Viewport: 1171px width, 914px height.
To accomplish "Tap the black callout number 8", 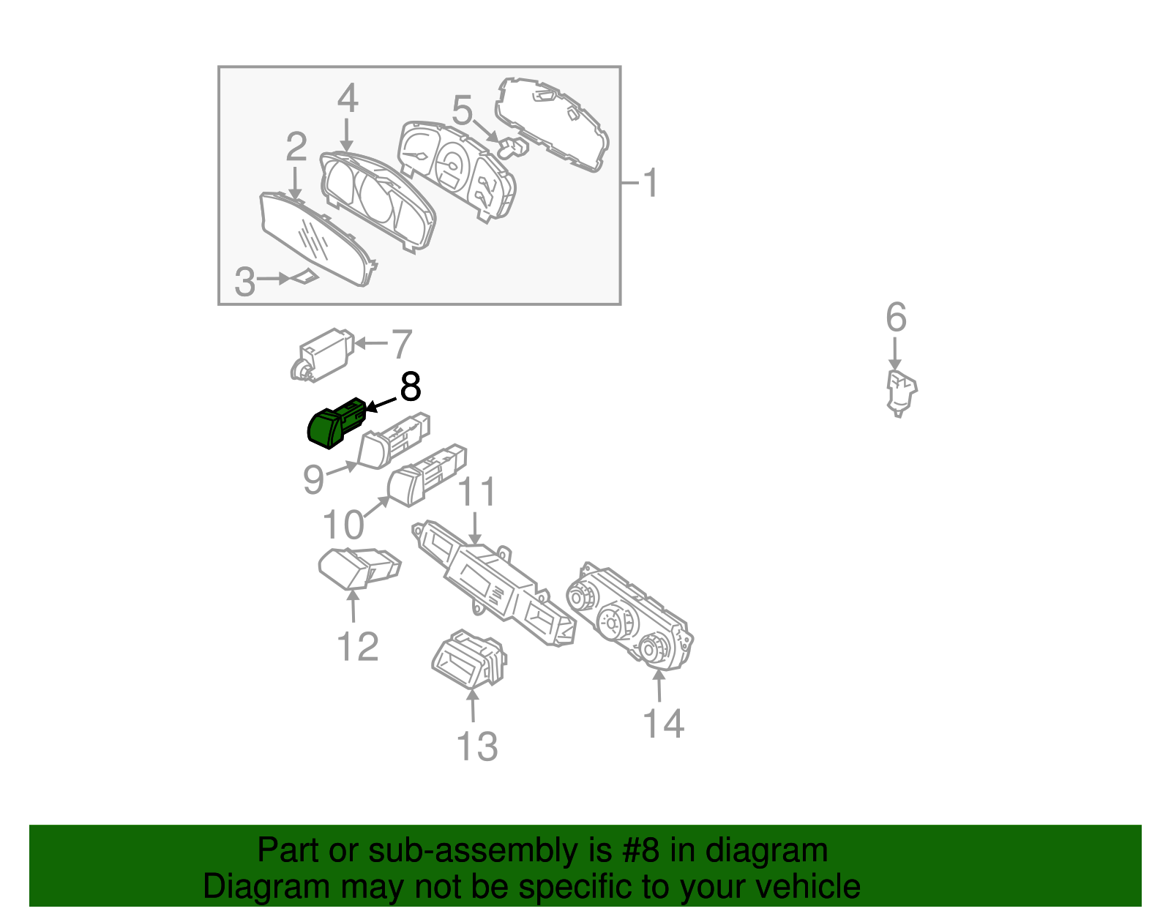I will [410, 387].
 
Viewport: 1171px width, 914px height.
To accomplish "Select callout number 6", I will [896, 318].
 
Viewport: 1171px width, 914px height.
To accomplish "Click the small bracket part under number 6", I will [901, 392].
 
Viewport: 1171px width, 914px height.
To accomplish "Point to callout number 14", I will [663, 724].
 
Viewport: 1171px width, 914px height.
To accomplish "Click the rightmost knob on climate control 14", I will [653, 648].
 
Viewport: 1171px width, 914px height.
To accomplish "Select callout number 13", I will [476, 747].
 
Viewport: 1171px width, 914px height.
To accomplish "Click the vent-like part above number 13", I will [469, 659].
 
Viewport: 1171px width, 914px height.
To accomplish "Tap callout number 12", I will [358, 647].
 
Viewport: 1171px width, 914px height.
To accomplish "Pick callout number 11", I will [476, 492].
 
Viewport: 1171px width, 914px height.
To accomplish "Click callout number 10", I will [343, 525].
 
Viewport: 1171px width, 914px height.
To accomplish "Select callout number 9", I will [313, 480].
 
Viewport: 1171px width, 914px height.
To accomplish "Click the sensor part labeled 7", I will [323, 354].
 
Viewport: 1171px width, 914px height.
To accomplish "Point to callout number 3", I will [245, 282].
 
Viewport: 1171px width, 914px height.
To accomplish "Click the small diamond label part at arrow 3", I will [306, 277].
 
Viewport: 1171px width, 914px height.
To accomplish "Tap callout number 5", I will [462, 111].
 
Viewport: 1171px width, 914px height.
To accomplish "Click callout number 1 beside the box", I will [650, 183].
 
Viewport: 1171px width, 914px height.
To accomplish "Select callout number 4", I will [348, 99].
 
